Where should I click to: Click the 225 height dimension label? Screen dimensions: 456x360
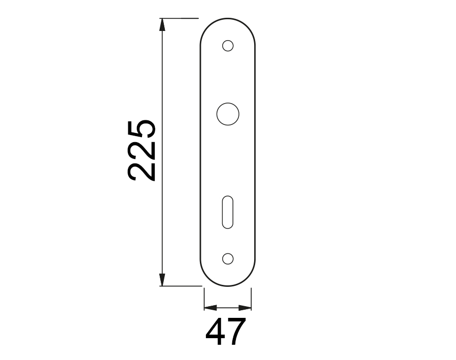tap(142, 150)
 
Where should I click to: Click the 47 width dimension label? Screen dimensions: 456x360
tap(226, 332)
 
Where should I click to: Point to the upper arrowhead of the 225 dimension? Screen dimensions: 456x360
tap(162, 24)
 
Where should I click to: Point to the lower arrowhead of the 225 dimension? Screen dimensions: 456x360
tap(162, 280)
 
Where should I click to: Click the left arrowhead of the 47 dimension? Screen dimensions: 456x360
tap(211, 308)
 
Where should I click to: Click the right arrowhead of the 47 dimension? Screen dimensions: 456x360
tap(245, 308)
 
